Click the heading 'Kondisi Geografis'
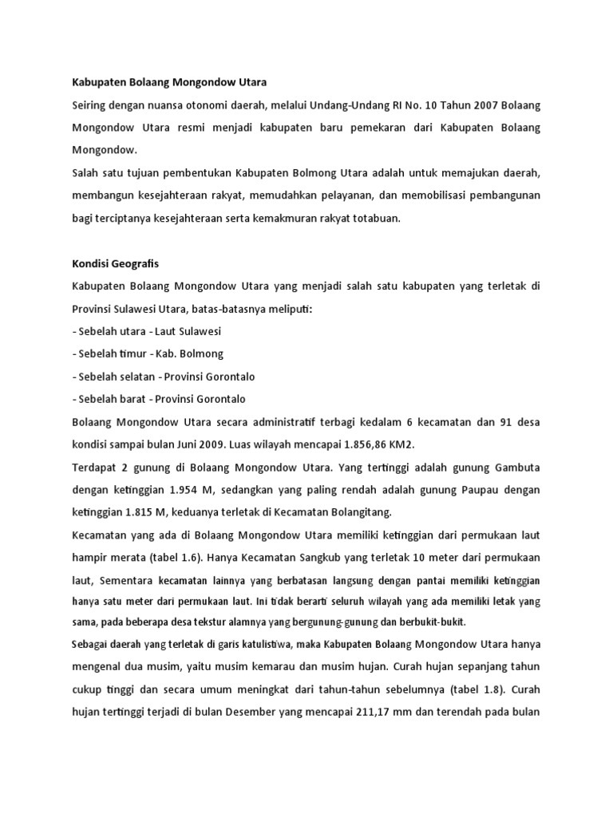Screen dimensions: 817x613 pyautogui.click(x=115, y=262)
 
